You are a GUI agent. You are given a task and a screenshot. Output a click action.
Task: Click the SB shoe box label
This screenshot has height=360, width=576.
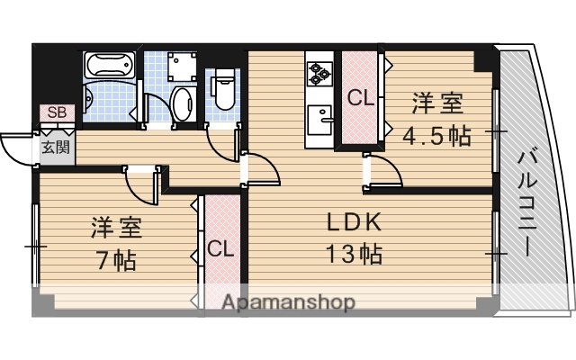pyautogui.click(x=56, y=112)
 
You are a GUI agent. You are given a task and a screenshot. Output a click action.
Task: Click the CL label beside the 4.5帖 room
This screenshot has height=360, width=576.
pyautogui.click(x=361, y=98)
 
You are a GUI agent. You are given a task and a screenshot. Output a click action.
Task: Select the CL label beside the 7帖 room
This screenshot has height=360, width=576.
pyautogui.click(x=220, y=248)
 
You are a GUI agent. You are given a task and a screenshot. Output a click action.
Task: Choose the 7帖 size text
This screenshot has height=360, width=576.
pyautogui.click(x=117, y=261)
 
